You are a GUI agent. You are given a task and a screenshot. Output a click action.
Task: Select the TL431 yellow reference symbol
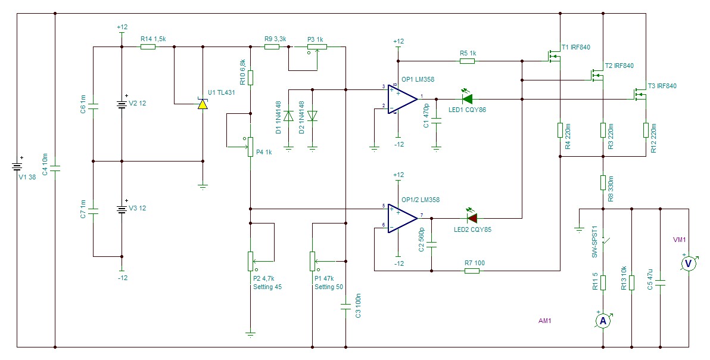tap(203, 104)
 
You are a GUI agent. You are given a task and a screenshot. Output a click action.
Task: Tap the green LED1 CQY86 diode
tap(466, 98)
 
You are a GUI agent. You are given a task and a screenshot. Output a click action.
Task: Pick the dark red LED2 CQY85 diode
tap(472, 218)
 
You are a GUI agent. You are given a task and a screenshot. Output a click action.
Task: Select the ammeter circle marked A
tap(603, 321)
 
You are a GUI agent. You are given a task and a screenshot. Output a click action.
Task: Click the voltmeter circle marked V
tap(689, 262)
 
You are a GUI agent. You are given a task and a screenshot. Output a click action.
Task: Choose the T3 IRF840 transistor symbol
tap(641, 94)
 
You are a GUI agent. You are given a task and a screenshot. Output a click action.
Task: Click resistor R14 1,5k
tap(148, 46)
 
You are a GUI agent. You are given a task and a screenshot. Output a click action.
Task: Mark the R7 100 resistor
tap(472, 271)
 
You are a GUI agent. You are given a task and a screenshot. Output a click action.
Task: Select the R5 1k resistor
tap(468, 61)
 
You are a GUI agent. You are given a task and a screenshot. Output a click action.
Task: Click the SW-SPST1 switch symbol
tap(605, 245)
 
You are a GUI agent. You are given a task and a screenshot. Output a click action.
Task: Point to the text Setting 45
tap(267, 287)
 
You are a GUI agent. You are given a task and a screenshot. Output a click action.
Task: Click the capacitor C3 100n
tap(345, 306)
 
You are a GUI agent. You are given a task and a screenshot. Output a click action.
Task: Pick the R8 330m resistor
tap(603, 182)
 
